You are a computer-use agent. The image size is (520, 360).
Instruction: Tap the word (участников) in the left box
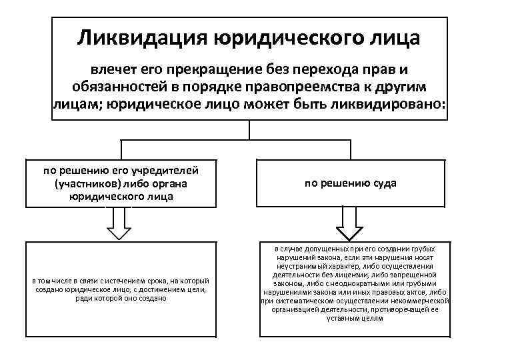pos(83,183)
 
